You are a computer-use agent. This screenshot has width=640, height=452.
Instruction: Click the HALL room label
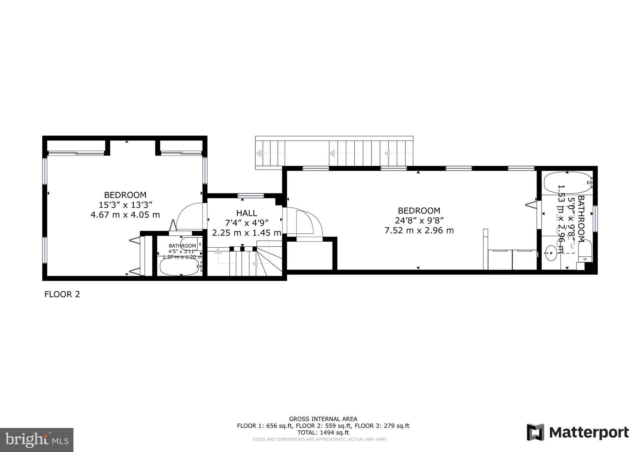coord(247,213)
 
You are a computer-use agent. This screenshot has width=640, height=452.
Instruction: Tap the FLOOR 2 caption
coord(62,294)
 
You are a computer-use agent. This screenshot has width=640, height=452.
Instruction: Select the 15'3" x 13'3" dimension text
coord(125,205)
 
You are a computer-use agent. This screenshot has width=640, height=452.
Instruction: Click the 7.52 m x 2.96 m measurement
coord(419,231)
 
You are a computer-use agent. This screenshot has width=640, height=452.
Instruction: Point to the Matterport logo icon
coord(535,432)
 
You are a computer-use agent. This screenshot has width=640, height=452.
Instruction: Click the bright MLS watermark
coord(37,440)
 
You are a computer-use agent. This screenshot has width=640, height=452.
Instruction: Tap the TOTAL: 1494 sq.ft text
coord(323,433)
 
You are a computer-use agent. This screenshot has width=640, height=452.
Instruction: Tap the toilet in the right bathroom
coord(585,251)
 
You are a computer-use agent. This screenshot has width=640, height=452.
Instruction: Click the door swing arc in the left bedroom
coord(187,212)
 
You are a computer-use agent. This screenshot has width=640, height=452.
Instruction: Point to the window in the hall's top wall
coord(251,196)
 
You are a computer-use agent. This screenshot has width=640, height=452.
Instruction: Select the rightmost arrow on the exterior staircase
coord(387,153)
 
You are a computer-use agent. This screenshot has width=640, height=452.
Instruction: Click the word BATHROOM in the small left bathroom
coord(182,246)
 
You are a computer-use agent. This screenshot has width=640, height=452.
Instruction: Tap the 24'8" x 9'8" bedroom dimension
coord(419,221)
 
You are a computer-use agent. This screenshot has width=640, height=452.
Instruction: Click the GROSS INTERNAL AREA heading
coord(323,419)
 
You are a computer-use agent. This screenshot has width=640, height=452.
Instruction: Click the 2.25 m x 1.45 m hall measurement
coord(247,233)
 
